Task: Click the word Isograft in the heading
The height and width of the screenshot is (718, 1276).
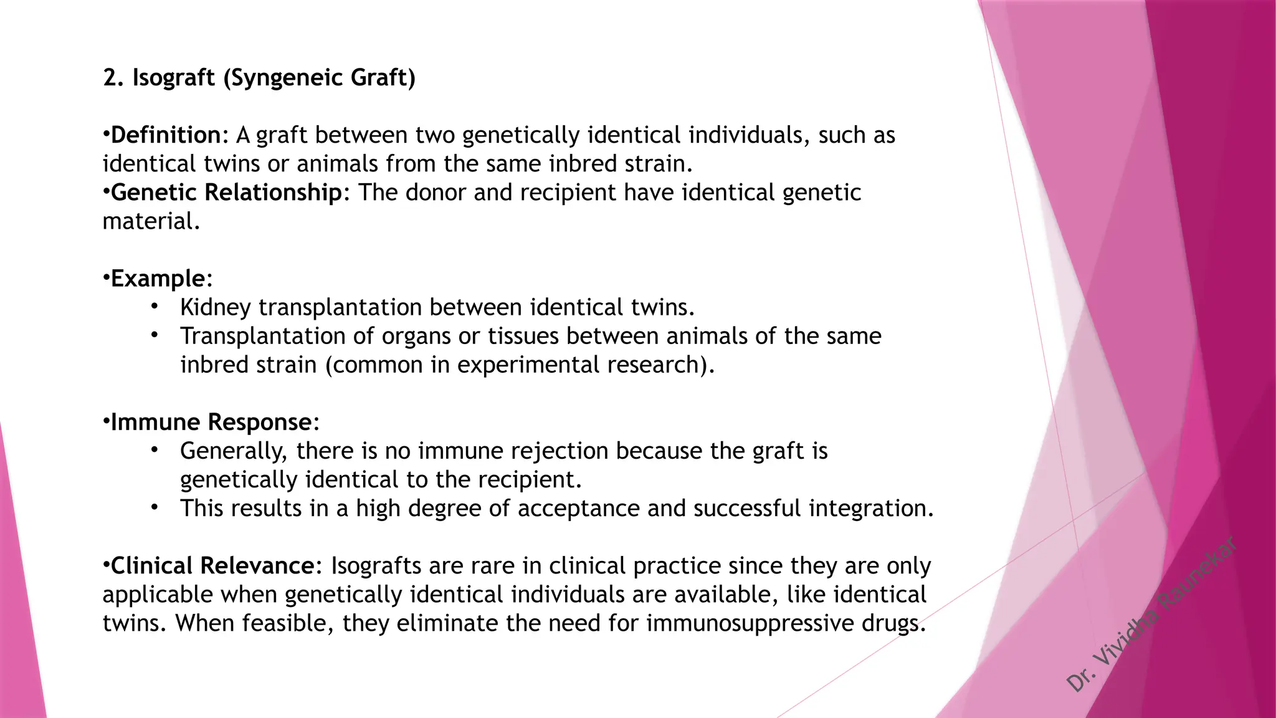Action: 173,78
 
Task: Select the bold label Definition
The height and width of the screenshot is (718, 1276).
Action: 166,135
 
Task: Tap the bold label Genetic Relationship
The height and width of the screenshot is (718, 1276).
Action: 226,193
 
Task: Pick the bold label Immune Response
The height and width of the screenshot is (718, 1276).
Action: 211,423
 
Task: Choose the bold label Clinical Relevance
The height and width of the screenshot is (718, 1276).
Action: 212,566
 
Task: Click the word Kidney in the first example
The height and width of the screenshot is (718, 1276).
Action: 216,307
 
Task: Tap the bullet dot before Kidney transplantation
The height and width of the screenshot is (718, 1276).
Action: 155,307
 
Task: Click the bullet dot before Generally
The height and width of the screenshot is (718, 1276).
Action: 155,450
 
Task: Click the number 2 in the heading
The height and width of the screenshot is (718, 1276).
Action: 110,78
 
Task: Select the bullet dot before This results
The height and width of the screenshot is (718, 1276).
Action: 155,507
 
